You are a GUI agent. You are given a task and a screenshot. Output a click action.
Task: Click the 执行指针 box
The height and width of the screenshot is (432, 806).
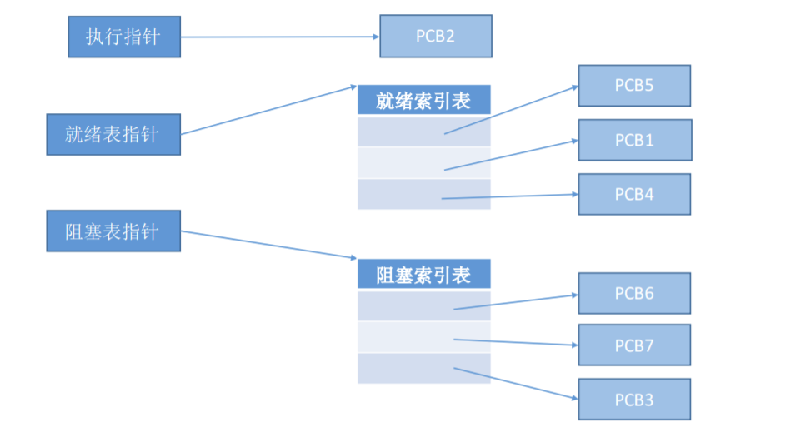pos(123,37)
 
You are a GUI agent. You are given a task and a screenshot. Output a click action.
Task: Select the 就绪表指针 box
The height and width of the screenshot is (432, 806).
pos(113,135)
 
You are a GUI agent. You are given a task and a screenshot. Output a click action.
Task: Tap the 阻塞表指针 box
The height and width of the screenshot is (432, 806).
pos(113,231)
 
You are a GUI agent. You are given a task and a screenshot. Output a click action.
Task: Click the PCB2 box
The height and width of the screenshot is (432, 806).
pos(435,37)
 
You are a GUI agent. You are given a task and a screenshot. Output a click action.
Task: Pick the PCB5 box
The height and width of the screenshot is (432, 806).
pos(634,85)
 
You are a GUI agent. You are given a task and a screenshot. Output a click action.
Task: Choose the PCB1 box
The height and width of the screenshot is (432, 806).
pos(634,140)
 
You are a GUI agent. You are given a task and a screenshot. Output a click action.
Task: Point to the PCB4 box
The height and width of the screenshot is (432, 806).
pos(634,194)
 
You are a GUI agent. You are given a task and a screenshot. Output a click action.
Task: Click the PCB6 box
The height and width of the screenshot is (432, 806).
pos(634,293)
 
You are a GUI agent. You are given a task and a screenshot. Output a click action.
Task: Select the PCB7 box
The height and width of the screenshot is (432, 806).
pos(634,345)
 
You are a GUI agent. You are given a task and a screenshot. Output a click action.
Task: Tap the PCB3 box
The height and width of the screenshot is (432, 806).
pos(634,400)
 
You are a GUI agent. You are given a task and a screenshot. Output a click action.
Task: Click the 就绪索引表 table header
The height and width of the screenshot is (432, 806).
pos(423,101)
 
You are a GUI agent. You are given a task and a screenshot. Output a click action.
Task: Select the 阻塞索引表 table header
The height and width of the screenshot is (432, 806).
pos(423,275)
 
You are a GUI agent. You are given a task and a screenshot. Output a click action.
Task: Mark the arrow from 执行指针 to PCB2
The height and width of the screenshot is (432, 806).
pos(279,37)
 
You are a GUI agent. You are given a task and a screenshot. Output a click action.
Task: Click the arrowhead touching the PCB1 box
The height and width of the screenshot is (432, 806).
pos(573,140)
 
